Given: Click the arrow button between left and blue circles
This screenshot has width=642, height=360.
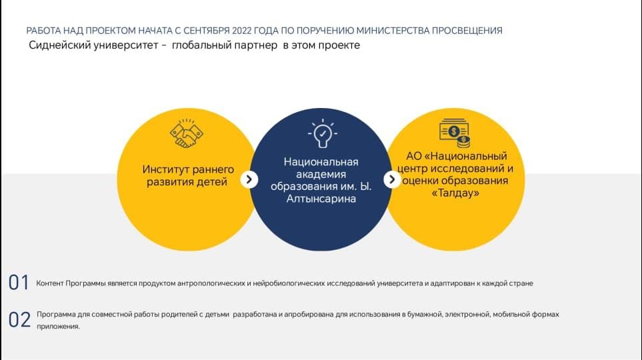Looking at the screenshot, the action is coord(249,179).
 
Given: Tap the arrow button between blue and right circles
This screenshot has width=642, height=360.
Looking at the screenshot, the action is coord(392,179).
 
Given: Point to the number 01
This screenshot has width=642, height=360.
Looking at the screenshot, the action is coord(19,283).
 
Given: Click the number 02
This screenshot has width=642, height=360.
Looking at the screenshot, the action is coord(19,319).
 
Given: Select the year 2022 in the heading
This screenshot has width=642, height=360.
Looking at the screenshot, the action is coord(241,31).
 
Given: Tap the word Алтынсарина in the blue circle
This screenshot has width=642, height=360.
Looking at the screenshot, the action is coord(321,199).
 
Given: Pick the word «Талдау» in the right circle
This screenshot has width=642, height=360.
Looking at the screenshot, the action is coord(455,193).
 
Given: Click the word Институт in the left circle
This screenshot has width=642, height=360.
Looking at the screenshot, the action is coord(165,169).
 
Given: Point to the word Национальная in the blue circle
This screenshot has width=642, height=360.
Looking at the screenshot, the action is coord(321,162).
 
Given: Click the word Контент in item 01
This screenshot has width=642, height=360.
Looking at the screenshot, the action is coord(49,283).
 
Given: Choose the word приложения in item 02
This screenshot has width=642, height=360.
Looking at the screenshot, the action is coord(58,327).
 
